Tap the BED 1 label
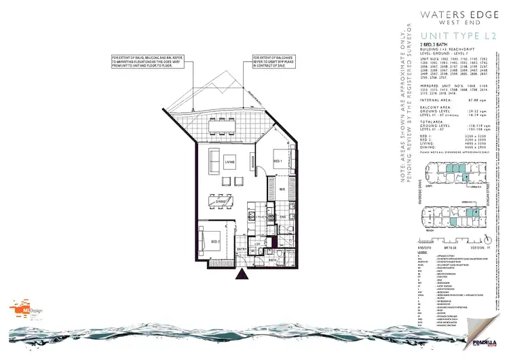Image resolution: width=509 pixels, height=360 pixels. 277,160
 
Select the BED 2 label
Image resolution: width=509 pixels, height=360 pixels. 215,242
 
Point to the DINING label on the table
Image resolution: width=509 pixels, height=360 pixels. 220,201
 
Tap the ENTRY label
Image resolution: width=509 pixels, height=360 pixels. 240,249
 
